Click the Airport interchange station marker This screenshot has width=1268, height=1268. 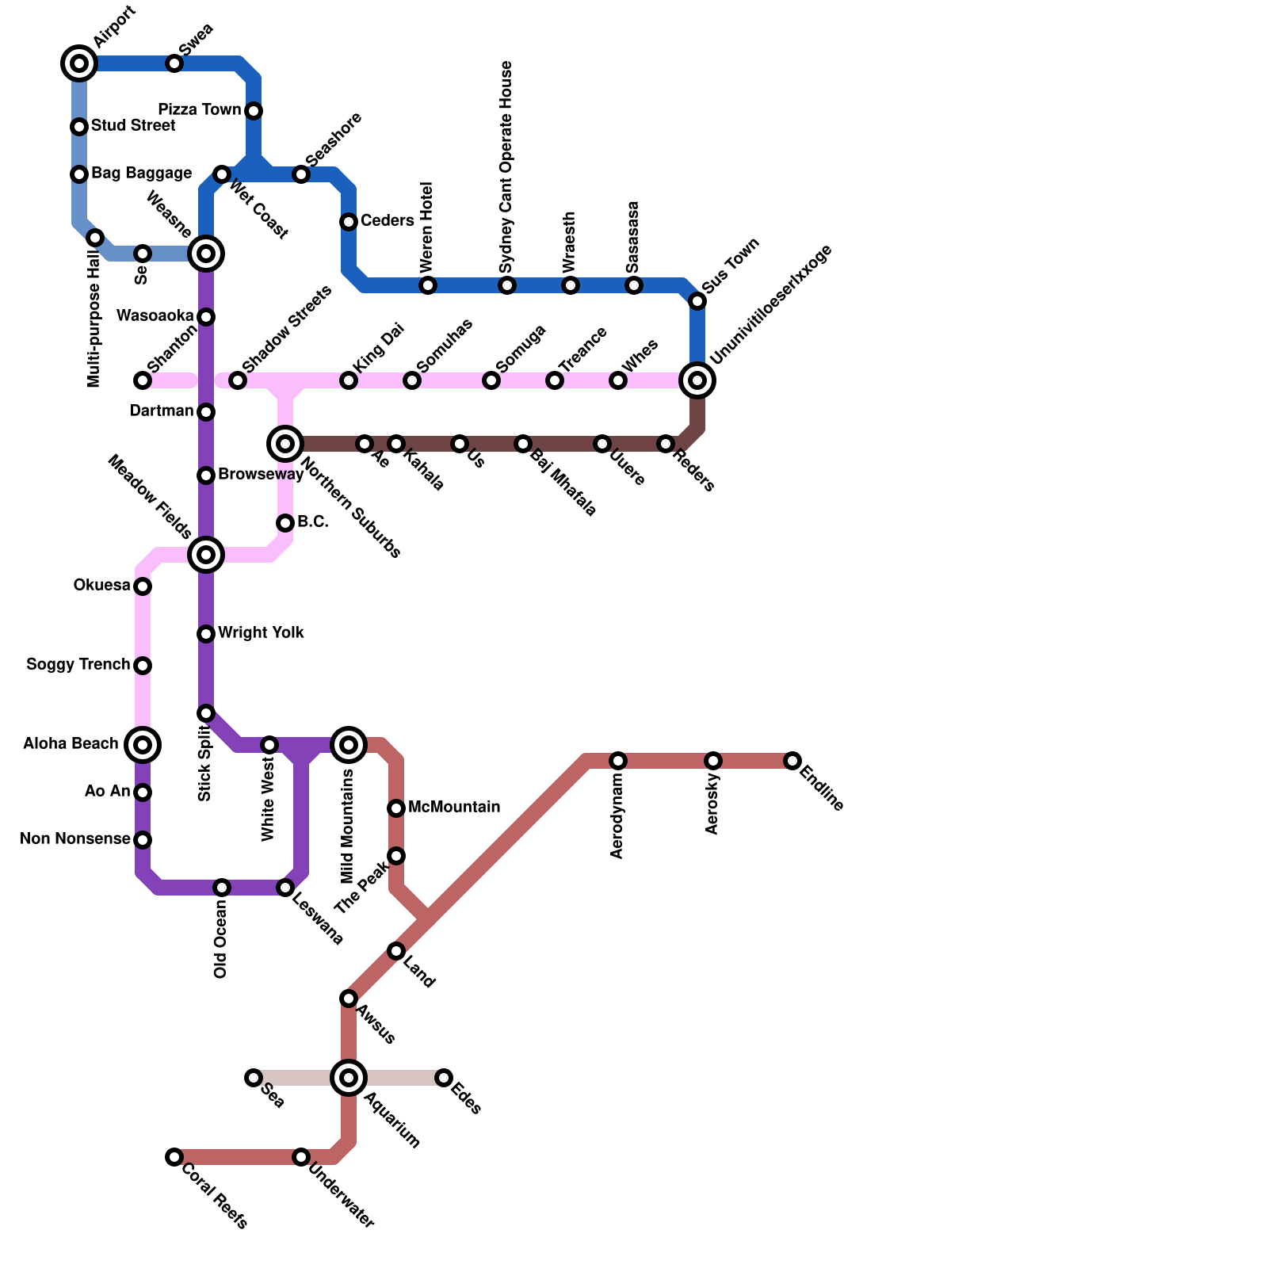79,63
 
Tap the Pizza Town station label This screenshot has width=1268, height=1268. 199,109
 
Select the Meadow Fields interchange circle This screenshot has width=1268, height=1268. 206,555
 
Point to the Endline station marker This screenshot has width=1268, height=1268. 792,761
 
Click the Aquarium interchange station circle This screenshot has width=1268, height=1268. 349,1078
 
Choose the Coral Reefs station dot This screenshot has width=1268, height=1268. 174,1157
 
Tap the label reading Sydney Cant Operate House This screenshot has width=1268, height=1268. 507,168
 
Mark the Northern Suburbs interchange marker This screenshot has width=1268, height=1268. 285,444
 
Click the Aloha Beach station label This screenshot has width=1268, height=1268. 71,743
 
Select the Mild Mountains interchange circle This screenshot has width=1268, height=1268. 349,745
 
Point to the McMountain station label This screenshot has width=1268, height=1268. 454,807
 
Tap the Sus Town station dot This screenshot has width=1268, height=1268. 697,301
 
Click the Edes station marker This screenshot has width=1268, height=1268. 444,1078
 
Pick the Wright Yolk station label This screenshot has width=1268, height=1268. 261,632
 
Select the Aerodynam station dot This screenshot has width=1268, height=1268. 618,761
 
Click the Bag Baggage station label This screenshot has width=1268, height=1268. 141,173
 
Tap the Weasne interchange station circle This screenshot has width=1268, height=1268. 206,254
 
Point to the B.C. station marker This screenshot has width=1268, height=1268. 285,523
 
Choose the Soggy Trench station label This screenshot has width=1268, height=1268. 78,664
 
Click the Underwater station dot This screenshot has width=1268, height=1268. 301,1157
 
